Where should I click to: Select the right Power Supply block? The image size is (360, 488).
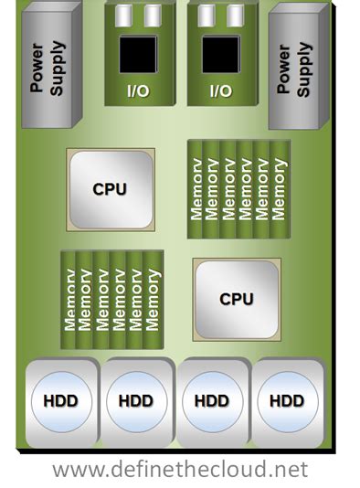click(297, 67)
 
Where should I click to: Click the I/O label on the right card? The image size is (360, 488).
click(220, 90)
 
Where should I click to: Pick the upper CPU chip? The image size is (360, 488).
click(110, 189)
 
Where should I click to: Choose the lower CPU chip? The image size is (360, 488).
click(236, 298)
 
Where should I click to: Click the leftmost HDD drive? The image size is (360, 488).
click(60, 400)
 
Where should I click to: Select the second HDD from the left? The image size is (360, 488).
click(136, 400)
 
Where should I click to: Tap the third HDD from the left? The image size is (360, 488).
click(212, 400)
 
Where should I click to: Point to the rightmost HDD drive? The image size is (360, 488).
click(287, 400)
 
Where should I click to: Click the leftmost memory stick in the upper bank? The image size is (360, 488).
click(196, 189)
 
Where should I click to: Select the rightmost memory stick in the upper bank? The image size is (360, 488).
click(281, 189)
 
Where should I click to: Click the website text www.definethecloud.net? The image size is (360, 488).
click(180, 470)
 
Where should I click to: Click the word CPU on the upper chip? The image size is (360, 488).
click(110, 189)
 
